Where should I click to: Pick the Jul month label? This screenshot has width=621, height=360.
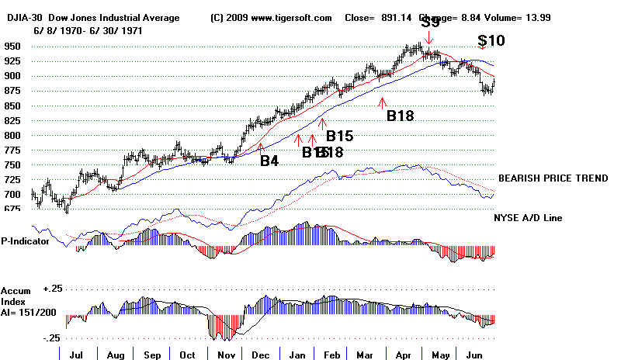coord(76,354)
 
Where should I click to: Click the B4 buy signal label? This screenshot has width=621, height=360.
coord(269,161)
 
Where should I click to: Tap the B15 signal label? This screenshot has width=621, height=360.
coord(339,136)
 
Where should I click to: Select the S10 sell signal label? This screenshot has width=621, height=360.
coord(491,40)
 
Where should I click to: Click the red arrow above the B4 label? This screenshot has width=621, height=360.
coord(262,146)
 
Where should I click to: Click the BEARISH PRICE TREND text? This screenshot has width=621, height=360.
coord(553,178)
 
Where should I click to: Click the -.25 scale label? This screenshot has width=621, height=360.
coord(52,338)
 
